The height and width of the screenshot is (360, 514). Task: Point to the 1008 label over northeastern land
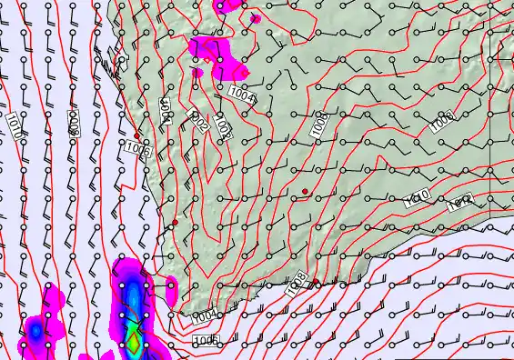pyautogui.click(x=442, y=120)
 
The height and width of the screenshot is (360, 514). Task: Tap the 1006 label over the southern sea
pyautogui.click(x=206, y=340)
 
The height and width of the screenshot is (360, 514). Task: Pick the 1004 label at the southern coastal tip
pyautogui.click(x=205, y=315)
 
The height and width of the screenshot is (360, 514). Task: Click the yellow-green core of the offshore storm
pyautogui.click(x=134, y=343)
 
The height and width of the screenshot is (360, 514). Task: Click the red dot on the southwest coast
pyautogui.click(x=175, y=223)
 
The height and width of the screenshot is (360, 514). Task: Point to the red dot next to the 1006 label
pyautogui.click(x=136, y=135)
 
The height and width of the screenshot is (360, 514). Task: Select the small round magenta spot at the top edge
pyautogui.click(x=256, y=17)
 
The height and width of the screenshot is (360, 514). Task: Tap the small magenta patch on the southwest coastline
pyautogui.click(x=171, y=290)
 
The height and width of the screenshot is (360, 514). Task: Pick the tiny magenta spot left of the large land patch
pyautogui.click(x=197, y=72)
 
